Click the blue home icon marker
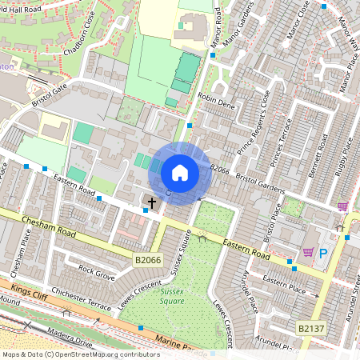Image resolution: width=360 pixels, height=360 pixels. point(180,173)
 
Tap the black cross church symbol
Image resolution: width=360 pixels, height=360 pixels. point(152,203)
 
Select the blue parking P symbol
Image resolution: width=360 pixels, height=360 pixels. point(324,254)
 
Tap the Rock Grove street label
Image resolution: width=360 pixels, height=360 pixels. point(97,273)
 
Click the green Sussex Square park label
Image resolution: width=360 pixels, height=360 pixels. point(167,297)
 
